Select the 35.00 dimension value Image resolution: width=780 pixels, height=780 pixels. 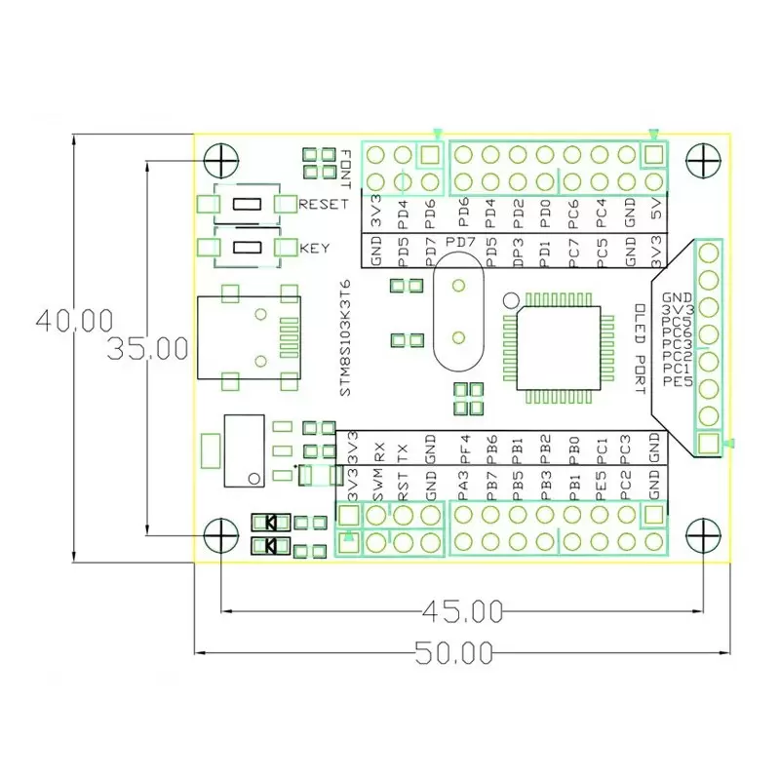(146, 349)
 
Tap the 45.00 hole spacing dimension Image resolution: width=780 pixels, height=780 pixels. (461, 611)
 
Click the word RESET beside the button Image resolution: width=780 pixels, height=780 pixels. (323, 205)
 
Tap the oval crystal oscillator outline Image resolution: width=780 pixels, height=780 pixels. (456, 312)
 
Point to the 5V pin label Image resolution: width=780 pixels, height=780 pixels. (656, 210)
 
